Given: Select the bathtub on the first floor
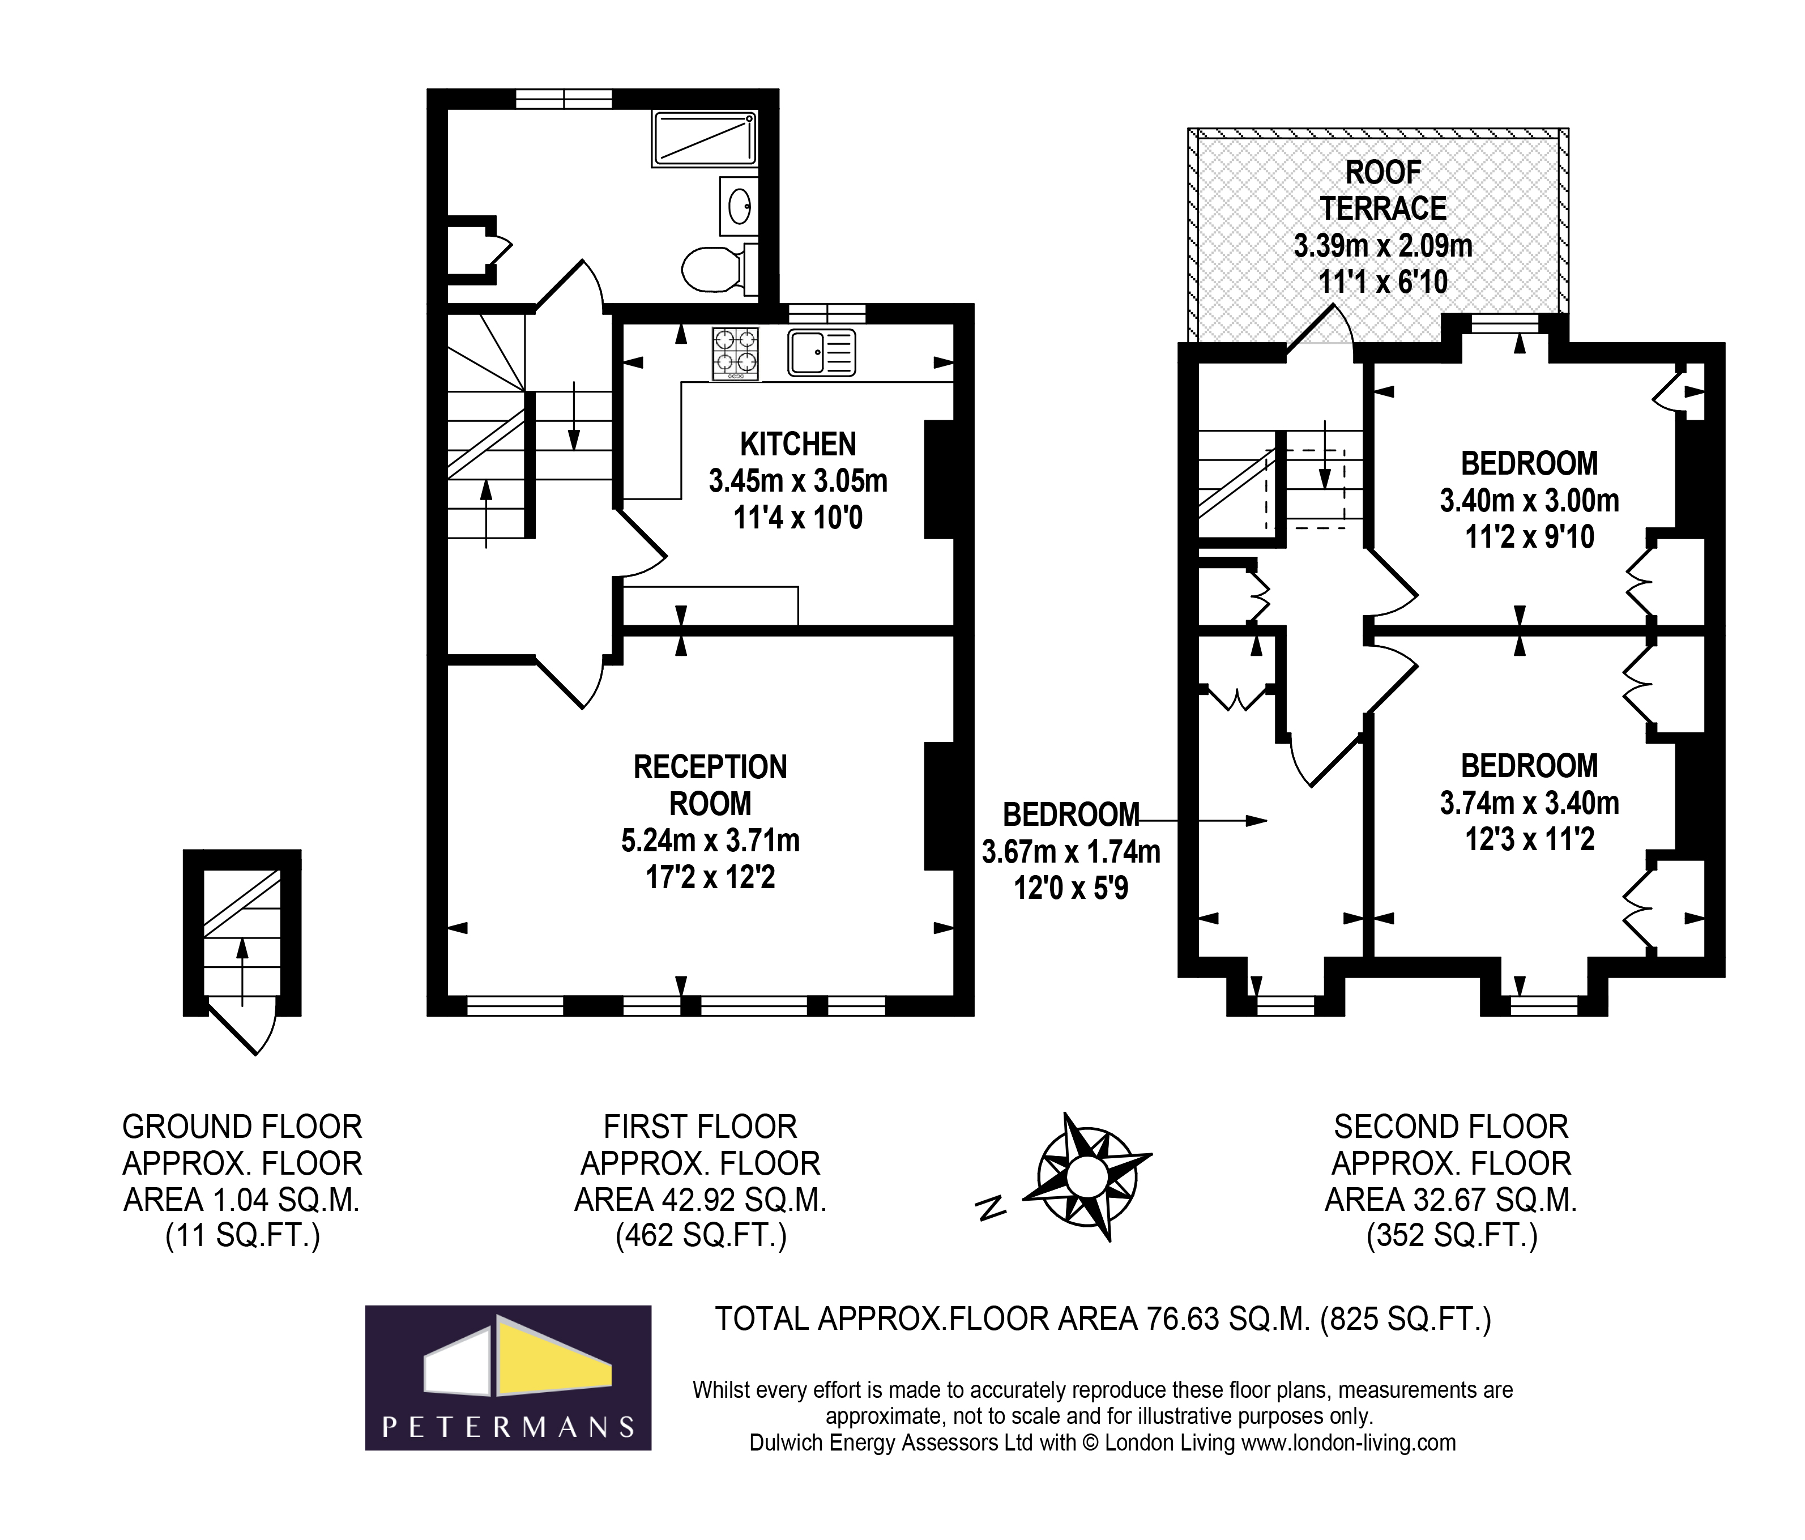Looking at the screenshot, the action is tap(704, 139).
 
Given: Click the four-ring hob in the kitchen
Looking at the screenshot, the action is tap(735, 353).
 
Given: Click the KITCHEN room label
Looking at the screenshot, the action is tap(798, 444).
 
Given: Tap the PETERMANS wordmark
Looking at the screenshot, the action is tap(509, 1426).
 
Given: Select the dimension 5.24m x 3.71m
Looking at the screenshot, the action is tap(710, 841).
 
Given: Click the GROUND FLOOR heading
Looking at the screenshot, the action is tap(242, 1127).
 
